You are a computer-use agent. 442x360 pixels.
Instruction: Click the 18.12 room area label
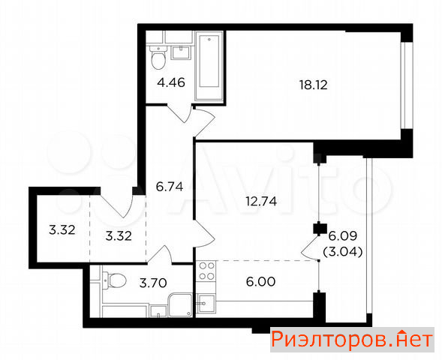point(314,85)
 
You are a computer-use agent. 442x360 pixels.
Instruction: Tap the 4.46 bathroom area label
point(171,82)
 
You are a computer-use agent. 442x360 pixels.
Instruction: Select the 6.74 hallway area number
point(170,187)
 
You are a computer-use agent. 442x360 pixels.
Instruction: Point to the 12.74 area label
point(261,202)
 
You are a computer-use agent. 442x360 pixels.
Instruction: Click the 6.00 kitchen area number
point(260,282)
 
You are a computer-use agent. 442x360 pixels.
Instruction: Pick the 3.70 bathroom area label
point(153,283)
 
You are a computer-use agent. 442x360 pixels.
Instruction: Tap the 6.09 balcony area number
point(343,235)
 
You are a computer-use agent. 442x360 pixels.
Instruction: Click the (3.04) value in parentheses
point(343,251)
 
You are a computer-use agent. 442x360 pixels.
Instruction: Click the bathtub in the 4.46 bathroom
point(209,66)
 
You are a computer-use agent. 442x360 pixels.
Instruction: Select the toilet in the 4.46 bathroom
point(158,58)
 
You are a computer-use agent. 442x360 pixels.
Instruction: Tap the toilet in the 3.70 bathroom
point(114,280)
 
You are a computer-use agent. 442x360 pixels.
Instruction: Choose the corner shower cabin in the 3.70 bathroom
point(180,305)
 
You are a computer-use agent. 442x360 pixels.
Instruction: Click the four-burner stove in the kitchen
point(206,271)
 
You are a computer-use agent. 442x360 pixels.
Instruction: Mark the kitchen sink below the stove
point(206,304)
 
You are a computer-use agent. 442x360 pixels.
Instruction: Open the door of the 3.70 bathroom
point(161,255)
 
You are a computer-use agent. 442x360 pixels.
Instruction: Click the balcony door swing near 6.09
point(310,247)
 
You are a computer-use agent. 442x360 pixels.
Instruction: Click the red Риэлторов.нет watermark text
point(352,340)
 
